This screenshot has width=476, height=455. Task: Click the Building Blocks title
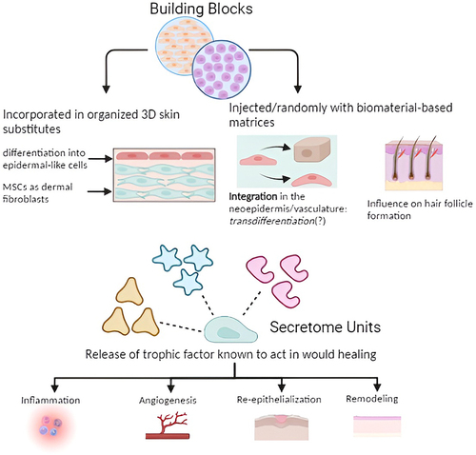point(201,9)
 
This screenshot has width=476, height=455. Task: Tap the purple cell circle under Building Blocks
point(222,69)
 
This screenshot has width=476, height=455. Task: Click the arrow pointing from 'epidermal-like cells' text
point(100,159)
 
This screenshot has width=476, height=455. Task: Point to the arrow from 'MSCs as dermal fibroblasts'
point(100,191)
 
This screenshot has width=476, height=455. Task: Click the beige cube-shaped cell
point(312,151)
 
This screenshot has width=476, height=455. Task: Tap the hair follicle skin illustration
point(413,163)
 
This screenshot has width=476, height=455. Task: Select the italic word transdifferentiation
point(271,221)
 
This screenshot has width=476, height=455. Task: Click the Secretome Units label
point(325,327)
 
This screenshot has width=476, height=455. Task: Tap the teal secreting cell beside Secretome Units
point(230,329)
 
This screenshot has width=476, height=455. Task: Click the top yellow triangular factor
point(129,291)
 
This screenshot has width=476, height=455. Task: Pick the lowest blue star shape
point(188,283)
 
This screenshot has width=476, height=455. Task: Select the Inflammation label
point(50,401)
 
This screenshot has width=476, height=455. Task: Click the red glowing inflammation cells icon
point(50,427)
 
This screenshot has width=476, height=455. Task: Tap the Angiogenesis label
point(168,401)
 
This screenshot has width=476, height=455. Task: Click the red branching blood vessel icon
point(168,425)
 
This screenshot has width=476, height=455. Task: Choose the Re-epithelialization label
point(279,399)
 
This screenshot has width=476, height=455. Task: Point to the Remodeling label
point(371,399)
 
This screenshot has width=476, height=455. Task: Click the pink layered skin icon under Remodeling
point(377,426)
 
